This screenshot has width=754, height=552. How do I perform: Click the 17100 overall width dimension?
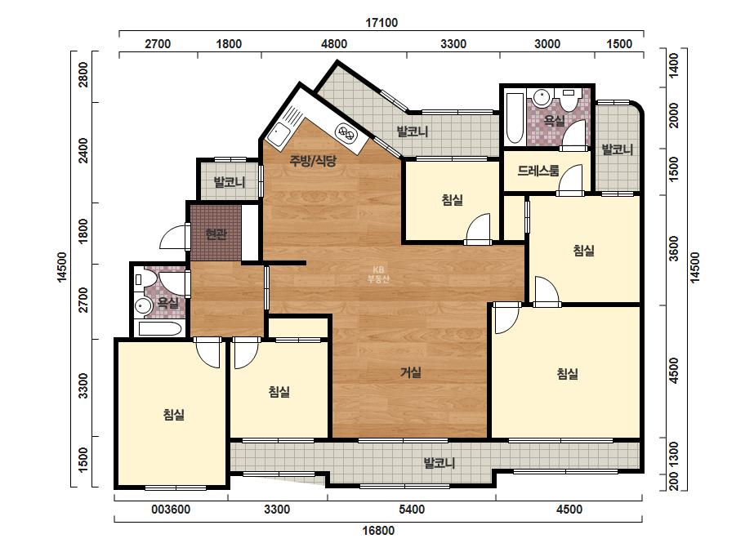381,23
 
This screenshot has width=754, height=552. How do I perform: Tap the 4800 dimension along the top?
334,44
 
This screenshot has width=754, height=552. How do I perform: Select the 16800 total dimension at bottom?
378,531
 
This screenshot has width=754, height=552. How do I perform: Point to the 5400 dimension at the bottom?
412,510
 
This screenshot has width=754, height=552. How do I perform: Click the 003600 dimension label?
171,510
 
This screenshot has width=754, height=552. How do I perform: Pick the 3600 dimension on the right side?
674,248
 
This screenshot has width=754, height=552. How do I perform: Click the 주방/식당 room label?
312,161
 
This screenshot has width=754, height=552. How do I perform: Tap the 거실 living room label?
411,372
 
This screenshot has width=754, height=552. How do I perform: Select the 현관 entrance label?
216,234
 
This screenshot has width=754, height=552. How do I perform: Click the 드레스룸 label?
538,170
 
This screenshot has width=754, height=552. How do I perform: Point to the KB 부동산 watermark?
378,274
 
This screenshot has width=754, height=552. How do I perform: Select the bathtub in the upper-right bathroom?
514,118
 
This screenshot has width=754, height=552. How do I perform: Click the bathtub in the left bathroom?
160,329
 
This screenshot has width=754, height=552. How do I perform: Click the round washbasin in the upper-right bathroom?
542,99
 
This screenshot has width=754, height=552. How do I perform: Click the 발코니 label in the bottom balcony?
439,463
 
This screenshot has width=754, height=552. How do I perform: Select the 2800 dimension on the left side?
84,74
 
